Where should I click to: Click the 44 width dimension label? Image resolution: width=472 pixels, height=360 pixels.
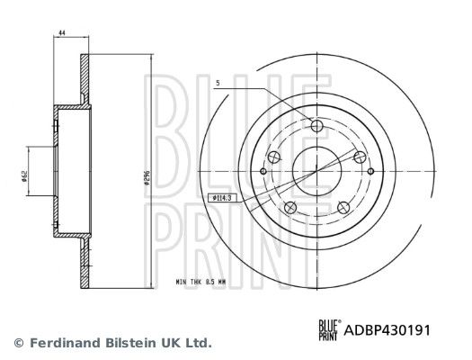click(x=61, y=32)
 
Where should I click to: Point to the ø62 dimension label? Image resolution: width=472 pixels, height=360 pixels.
click(x=24, y=175)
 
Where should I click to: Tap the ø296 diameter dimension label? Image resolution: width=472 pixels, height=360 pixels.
click(x=147, y=177)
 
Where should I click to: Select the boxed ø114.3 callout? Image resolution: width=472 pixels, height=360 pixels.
click(x=222, y=198)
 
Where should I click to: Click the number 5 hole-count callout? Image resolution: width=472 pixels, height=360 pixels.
click(x=218, y=83)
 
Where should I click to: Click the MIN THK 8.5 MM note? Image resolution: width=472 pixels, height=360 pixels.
click(x=200, y=283)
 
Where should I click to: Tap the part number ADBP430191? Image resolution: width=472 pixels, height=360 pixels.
click(x=387, y=330)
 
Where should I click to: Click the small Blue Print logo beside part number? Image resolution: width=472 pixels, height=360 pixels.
click(x=330, y=330)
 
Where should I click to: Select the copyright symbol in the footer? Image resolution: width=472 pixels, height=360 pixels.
click(x=19, y=343)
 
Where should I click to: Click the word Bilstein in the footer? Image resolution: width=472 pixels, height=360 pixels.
click(x=129, y=343)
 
